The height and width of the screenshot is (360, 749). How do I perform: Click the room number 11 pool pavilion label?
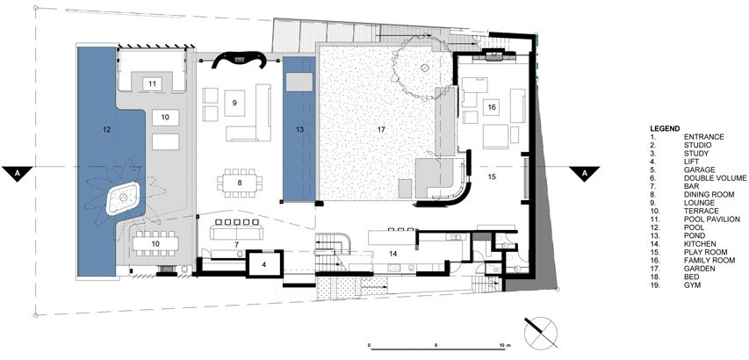(x=153, y=84)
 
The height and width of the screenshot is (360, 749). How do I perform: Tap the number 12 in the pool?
(x=106, y=129)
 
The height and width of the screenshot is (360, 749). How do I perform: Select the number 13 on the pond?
(x=299, y=129)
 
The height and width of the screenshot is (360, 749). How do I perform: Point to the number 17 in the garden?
(x=381, y=129)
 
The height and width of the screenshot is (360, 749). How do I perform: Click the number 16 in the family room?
(x=492, y=107)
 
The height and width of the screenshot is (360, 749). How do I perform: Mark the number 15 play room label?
(x=492, y=176)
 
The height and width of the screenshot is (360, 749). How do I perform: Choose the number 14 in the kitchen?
(x=393, y=254)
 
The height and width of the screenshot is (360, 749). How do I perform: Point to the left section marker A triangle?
(x=18, y=173)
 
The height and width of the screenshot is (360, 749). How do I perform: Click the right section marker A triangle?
(x=584, y=173)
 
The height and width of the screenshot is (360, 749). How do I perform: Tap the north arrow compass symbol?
(x=541, y=332)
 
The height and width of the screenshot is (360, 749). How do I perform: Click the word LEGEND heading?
(x=665, y=128)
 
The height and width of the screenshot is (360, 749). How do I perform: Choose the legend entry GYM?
(x=691, y=285)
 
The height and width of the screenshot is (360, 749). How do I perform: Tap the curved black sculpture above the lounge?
(x=239, y=59)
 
